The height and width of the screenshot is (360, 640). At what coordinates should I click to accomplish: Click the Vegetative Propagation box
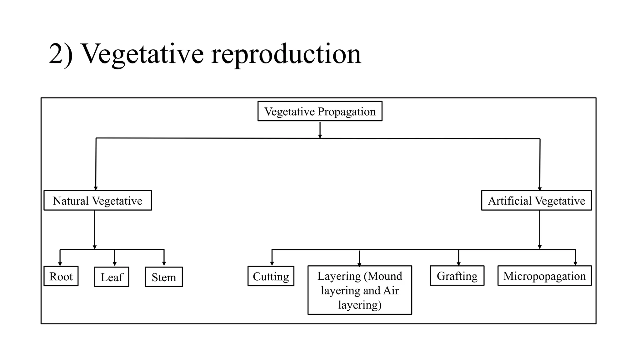pyautogui.click(x=320, y=111)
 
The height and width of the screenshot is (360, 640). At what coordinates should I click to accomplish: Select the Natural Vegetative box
pyautogui.click(x=97, y=200)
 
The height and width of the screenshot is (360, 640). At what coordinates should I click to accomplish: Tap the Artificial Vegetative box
pyautogui.click(x=536, y=200)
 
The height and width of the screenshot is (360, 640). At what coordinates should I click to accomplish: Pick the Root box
pyautogui.click(x=61, y=276)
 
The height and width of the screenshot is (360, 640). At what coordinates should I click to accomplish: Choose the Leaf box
pyautogui.click(x=112, y=277)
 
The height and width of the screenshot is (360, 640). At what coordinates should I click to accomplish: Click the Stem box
pyautogui.click(x=164, y=277)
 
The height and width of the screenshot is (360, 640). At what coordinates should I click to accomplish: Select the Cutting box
pyautogui.click(x=271, y=276)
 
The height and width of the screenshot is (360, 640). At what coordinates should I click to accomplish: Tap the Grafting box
pyautogui.click(x=457, y=276)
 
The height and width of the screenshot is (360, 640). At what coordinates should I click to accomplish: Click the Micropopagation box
pyautogui.click(x=544, y=276)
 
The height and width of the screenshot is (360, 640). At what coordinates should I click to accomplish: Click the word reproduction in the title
pyautogui.click(x=286, y=54)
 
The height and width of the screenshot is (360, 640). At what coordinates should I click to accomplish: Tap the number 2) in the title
pyautogui.click(x=61, y=54)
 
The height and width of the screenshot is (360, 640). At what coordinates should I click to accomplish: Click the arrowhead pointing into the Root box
pyautogui.click(x=60, y=264)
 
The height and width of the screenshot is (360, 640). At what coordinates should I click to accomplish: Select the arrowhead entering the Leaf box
pyautogui.click(x=115, y=264)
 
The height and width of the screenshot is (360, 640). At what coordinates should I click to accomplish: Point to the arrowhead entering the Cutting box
pyautogui.click(x=272, y=264)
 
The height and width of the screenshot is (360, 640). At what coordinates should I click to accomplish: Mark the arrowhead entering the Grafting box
pyautogui.click(x=458, y=264)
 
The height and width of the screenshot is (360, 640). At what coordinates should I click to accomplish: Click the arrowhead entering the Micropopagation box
pyautogui.click(x=575, y=264)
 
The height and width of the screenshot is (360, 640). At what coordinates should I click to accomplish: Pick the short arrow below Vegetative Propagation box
pyautogui.click(x=320, y=130)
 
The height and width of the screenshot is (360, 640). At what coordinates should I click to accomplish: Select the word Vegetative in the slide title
pyautogui.click(x=142, y=54)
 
